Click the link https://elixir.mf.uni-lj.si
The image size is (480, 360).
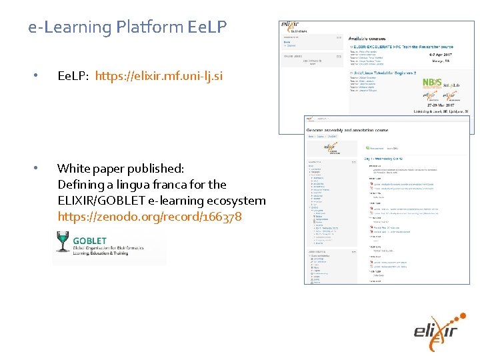tap(164, 76)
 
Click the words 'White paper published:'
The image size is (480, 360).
tap(121, 169)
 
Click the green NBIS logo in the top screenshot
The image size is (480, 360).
tap(431, 84)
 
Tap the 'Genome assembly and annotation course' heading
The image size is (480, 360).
tap(347, 130)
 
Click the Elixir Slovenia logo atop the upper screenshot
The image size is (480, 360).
tap(294, 27)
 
